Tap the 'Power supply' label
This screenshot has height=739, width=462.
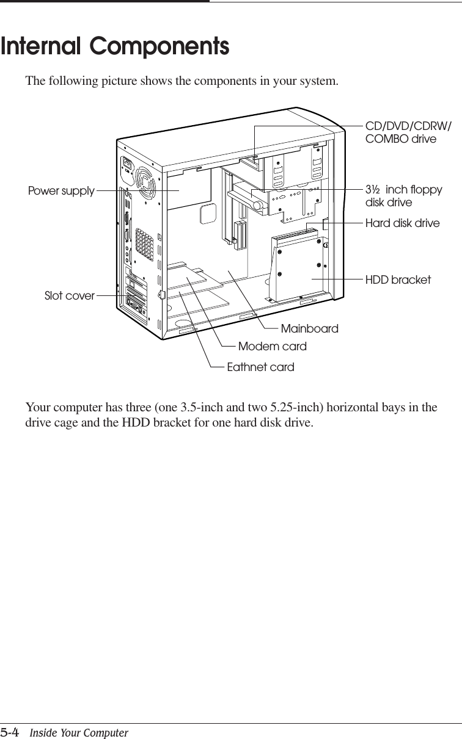[x=61, y=191]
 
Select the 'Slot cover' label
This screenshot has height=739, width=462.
[x=70, y=296]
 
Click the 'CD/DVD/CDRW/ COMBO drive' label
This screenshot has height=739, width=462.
[x=408, y=132]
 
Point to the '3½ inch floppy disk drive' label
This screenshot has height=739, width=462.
[x=403, y=196]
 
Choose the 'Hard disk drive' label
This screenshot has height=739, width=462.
[x=402, y=223]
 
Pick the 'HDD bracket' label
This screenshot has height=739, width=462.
[x=398, y=279]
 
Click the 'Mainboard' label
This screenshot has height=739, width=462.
[x=309, y=329]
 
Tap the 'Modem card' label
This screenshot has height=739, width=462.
[x=272, y=347]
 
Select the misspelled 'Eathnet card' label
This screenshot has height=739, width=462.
[x=260, y=367]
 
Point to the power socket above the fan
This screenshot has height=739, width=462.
[x=129, y=165]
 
